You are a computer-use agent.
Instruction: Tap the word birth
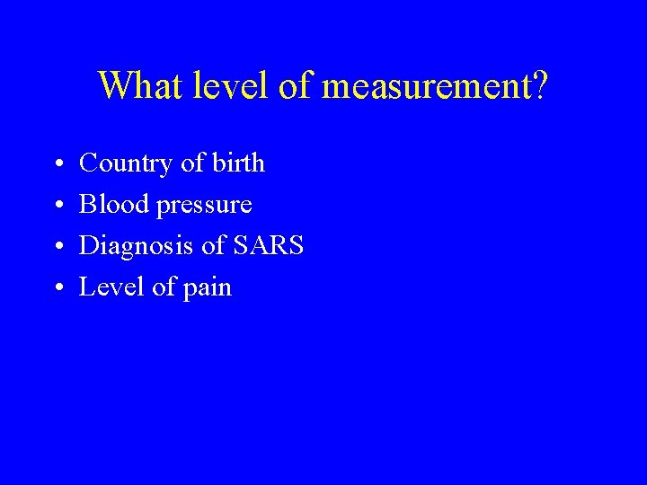pos(239,163)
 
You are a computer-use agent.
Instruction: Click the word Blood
pos(114,205)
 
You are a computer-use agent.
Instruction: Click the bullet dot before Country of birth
pos(58,165)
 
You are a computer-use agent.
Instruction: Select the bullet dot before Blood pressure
pos(58,207)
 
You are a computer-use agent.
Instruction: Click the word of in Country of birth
pos(193,163)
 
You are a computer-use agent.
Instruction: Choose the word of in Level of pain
pos(164,287)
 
